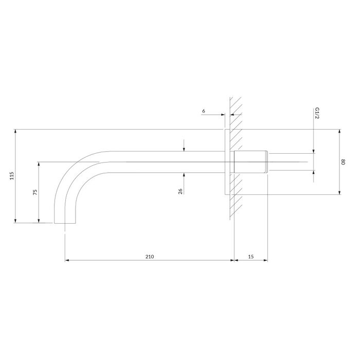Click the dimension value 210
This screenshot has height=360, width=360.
[150, 257]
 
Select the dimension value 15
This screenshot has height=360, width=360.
[251, 257]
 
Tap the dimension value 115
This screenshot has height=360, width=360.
[12, 176]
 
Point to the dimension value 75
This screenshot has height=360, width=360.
[35, 192]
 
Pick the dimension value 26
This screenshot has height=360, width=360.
[180, 191]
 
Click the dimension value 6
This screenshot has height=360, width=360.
[204, 111]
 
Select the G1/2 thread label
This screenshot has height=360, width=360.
[317, 113]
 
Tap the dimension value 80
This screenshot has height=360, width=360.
[343, 162]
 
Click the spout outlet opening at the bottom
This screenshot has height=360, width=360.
[65, 223]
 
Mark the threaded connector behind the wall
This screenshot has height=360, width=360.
[251, 162]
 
